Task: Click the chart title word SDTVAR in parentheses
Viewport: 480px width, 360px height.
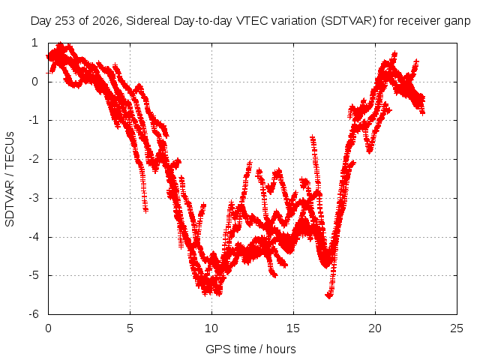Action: tap(348, 21)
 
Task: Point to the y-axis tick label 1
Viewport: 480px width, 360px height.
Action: tap(35, 43)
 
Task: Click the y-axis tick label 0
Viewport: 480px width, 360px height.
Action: tap(35, 82)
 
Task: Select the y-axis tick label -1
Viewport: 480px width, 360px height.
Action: tap(33, 120)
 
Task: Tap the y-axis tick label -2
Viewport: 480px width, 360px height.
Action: tap(33, 159)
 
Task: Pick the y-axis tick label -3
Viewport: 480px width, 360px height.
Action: tap(33, 198)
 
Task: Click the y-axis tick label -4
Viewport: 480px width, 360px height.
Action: tap(33, 237)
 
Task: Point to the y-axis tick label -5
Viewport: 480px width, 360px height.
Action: tap(33, 275)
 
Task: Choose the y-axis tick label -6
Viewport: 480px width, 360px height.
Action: tap(33, 314)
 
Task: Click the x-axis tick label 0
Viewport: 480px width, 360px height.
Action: tap(48, 328)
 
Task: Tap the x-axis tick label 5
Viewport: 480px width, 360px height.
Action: tap(130, 328)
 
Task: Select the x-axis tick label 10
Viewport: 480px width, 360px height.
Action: tap(211, 328)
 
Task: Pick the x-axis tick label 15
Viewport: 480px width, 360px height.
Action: tap(293, 328)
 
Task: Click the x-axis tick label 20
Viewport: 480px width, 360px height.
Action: tap(375, 328)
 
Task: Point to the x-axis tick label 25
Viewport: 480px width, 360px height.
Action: tap(457, 328)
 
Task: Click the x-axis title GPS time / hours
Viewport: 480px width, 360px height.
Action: tap(250, 349)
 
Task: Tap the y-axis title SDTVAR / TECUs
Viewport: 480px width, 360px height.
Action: tap(10, 179)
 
